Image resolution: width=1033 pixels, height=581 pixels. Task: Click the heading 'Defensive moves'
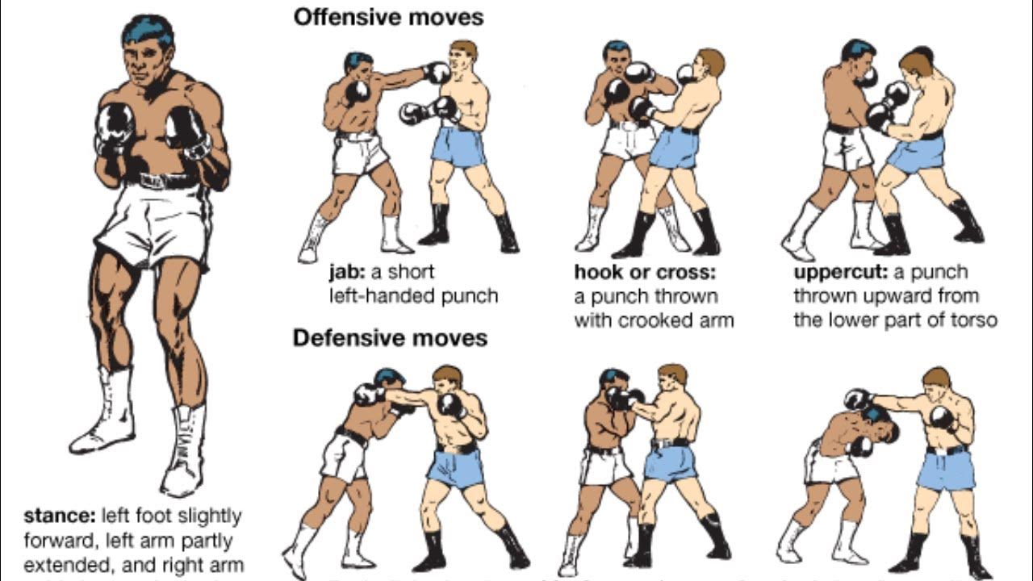coord(390,337)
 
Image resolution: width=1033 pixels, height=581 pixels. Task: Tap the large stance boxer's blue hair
coord(148,30)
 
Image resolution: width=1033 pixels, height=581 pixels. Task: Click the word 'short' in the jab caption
coord(411,272)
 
